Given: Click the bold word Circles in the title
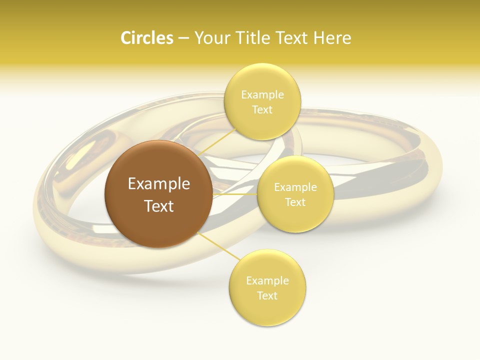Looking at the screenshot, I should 146,38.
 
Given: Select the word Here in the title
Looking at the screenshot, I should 333,38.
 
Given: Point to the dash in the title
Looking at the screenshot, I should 183,38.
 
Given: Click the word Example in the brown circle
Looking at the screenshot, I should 159,184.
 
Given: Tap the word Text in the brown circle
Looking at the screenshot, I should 159,206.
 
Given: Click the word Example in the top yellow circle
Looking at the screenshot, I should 262,95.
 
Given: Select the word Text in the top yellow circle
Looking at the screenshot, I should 262,110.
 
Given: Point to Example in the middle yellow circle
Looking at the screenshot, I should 295,187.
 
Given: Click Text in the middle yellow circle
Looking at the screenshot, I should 295,202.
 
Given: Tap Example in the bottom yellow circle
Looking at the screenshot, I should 267,281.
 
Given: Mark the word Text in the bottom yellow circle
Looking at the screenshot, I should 267,296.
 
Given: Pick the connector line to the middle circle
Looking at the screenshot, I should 235,194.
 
